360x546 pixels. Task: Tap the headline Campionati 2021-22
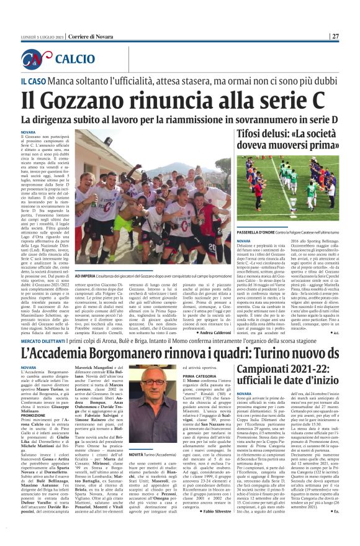282,352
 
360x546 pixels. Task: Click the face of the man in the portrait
151,382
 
